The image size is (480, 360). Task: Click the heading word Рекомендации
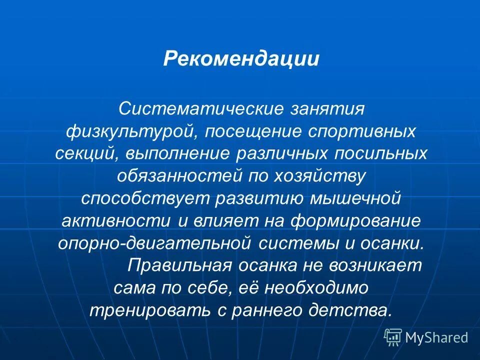click(x=241, y=59)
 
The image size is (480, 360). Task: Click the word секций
click(x=86, y=154)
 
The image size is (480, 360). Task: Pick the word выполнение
click(x=177, y=154)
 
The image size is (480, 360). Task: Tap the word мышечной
click(x=352, y=198)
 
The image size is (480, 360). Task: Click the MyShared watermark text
click(x=436, y=337)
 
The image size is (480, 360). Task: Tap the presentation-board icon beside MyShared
click(x=393, y=337)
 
